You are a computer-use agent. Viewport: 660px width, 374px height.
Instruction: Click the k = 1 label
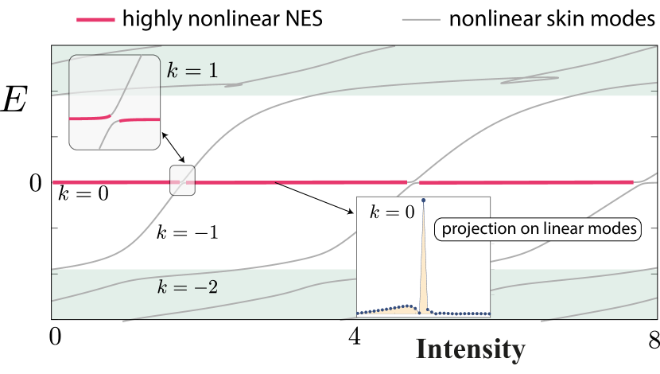coord(192,71)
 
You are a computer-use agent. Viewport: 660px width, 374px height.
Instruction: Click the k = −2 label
coord(187,286)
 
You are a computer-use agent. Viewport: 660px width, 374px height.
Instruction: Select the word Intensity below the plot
coord(470,349)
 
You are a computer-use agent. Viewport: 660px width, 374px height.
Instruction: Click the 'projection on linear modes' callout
coord(539,230)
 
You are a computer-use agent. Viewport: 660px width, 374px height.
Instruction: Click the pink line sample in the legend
coord(95,19)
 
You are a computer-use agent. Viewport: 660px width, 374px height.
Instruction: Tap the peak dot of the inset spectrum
coord(423,200)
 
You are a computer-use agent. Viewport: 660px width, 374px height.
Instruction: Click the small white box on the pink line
coord(182,180)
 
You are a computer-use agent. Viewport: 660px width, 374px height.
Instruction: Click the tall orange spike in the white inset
coord(423,255)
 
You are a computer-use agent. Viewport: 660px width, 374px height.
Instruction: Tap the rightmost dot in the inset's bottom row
coord(488,314)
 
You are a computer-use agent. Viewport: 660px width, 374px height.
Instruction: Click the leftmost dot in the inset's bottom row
coord(359,314)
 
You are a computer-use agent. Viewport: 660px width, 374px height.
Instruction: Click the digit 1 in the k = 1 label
coord(212,71)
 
